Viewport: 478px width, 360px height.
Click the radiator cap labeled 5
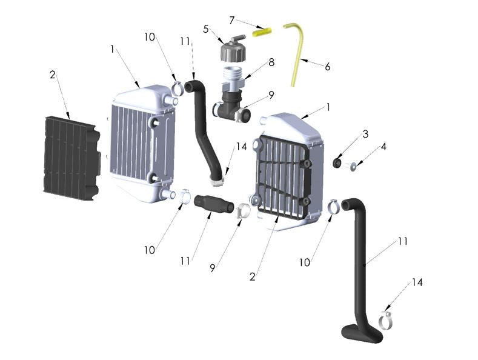coord(232,50)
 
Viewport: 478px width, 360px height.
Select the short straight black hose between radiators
coord(214,204)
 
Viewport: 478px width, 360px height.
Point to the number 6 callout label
coord(328,67)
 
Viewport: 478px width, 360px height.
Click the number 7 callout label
coord(231,20)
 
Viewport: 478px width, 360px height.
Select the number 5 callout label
coord(206,28)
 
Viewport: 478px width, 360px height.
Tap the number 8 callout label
coord(271,62)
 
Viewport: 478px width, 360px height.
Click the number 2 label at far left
coord(53,75)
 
